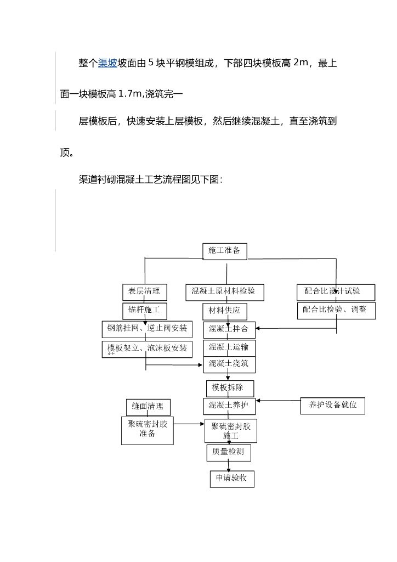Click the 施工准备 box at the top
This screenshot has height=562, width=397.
(224, 251)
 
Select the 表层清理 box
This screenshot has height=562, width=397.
(144, 291)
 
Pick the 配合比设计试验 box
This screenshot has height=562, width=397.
(336, 291)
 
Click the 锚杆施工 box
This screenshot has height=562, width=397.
(144, 310)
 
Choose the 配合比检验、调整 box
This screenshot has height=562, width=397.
(336, 310)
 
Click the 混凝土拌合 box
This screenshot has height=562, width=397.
(229, 330)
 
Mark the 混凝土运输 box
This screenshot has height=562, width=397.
(229, 347)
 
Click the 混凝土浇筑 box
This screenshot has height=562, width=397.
(229, 364)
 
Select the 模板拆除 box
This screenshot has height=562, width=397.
(231, 388)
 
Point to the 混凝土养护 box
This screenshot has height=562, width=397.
(229, 406)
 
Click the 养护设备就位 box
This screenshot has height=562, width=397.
(332, 406)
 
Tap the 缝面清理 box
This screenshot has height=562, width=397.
(148, 407)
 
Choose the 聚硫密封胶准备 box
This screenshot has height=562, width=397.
(148, 430)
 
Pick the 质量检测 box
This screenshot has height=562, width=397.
(229, 453)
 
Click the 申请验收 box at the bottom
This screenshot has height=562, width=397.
(231, 479)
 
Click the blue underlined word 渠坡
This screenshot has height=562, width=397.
(107, 64)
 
